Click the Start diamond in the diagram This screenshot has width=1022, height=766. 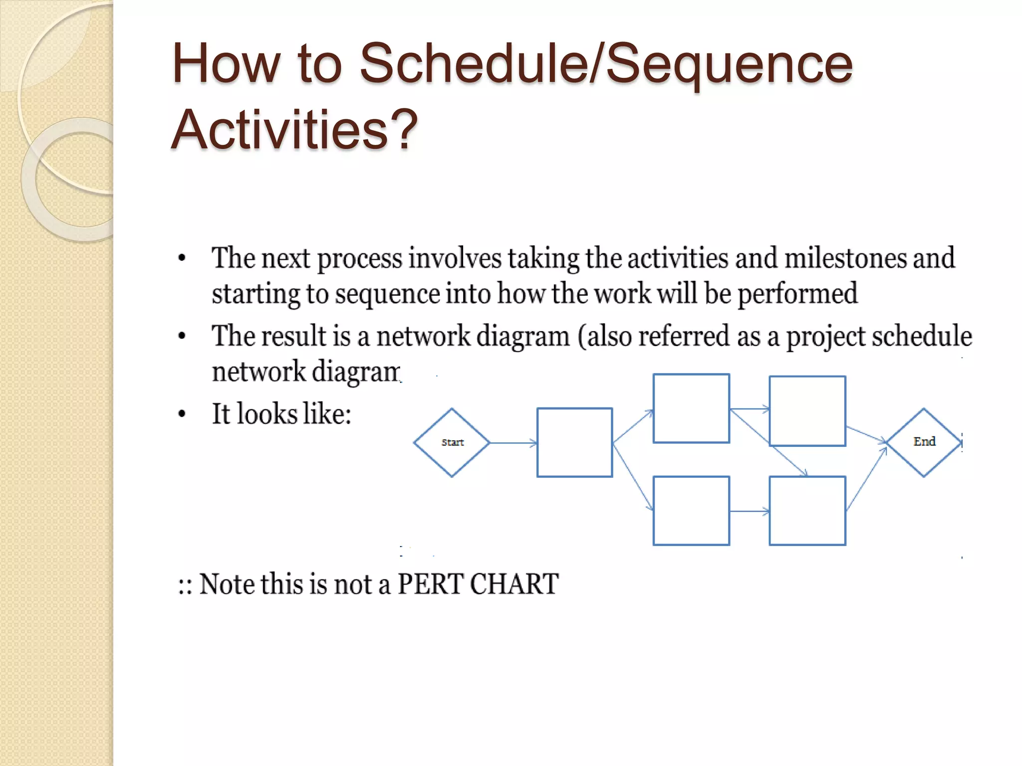point(452,442)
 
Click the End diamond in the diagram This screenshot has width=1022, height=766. point(924,442)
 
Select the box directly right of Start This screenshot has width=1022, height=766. point(574,442)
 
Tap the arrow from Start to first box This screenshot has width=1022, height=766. point(513,442)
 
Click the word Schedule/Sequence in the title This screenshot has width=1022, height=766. point(605,64)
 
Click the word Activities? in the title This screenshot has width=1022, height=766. point(294,130)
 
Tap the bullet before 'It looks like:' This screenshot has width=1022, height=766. point(182,414)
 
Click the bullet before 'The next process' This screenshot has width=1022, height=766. point(182,258)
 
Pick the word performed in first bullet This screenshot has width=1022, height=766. point(797,294)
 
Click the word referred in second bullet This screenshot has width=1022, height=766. point(684,336)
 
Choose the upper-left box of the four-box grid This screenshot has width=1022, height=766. point(691,408)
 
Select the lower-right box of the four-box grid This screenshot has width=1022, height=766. point(807,511)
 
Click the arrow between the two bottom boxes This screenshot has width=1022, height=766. point(749,511)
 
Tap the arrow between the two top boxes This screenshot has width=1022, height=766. point(749,409)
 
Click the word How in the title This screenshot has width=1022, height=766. point(226,64)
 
